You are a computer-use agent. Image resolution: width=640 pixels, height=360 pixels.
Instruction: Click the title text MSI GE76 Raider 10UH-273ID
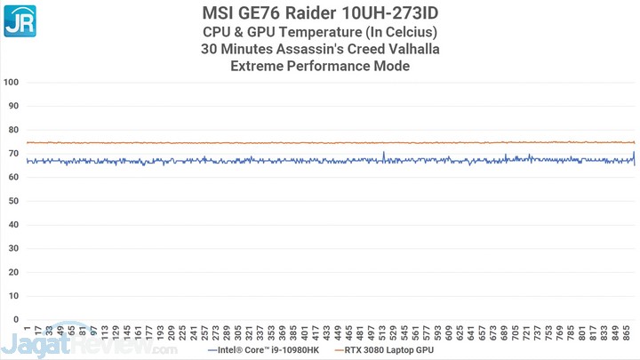pos(320,12)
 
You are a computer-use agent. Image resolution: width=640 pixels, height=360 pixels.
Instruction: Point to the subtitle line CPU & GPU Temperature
pos(320,32)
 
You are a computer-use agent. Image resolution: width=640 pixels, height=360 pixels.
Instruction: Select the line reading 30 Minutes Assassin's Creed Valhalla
pos(320,49)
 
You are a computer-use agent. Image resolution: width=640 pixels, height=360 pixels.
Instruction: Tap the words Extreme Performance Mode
pos(320,67)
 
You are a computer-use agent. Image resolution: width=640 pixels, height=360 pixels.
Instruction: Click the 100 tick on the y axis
pos(12,82)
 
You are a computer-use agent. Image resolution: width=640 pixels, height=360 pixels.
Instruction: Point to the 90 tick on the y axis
pos(13,106)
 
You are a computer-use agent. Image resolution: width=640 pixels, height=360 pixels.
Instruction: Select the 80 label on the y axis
pos(13,129)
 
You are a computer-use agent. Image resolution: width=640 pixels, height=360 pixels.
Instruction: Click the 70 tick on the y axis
pos(13,153)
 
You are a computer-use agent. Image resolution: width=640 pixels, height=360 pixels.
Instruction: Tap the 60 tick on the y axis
pos(13,177)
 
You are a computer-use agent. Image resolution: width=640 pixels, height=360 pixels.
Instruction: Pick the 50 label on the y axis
pos(13,200)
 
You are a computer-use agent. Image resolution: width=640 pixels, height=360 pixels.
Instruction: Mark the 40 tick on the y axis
pos(13,224)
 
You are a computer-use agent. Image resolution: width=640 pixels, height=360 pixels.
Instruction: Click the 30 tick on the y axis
pos(13,248)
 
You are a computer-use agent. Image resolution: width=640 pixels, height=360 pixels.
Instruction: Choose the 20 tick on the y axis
pos(13,271)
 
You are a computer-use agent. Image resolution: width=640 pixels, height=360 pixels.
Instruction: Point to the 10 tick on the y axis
pos(13,295)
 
